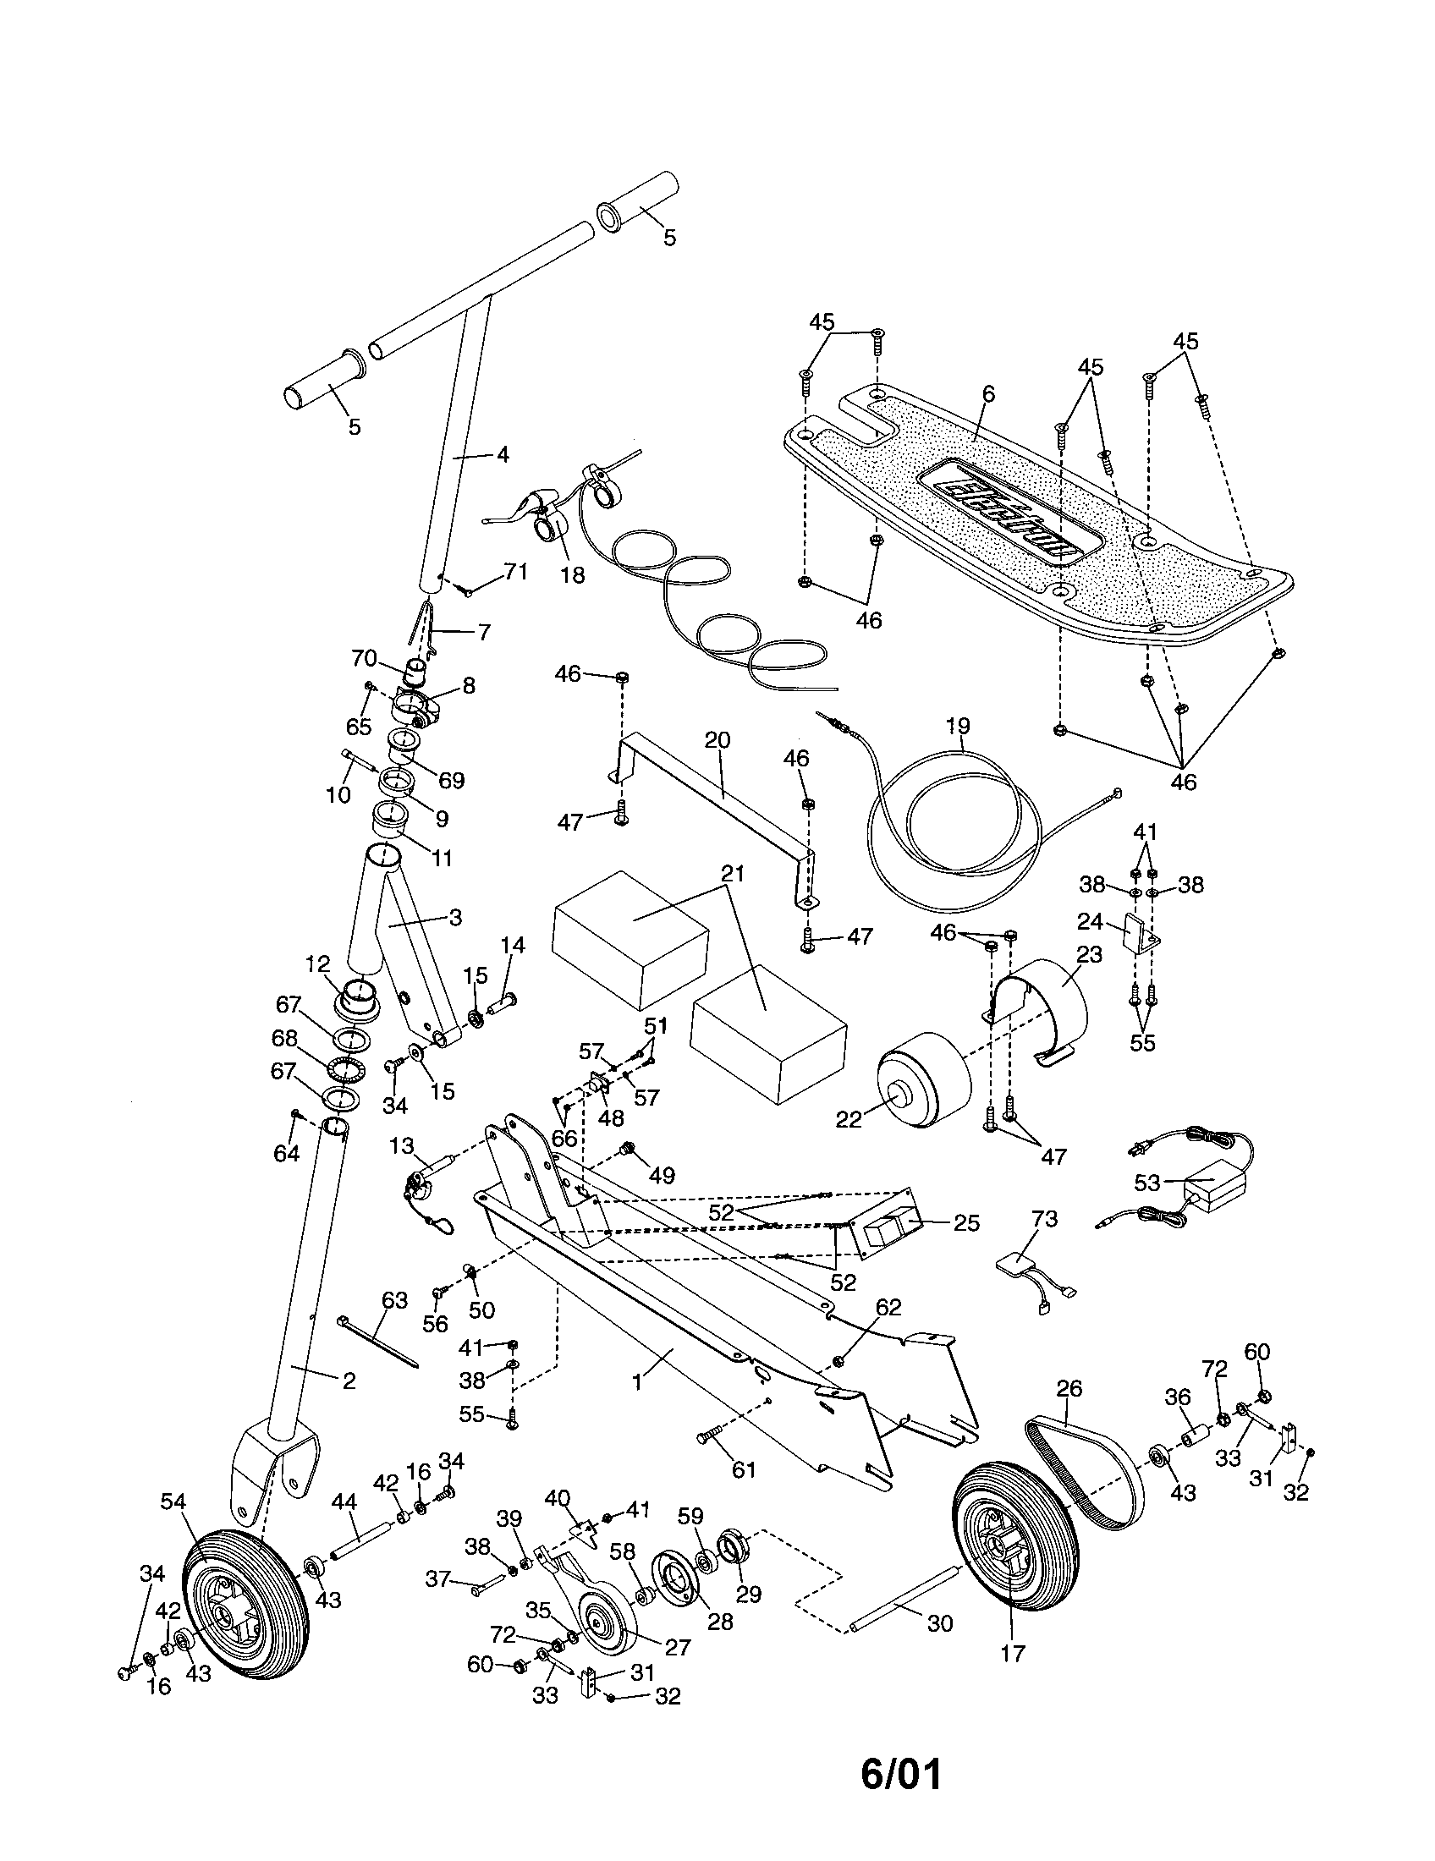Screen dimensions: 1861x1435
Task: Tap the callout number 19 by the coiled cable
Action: [x=958, y=726]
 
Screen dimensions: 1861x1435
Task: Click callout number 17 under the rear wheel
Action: [x=1013, y=1653]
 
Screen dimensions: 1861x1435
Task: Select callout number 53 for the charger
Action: [x=1147, y=1183]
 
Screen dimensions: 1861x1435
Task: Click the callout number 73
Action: [x=1044, y=1219]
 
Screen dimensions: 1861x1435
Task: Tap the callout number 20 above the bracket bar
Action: [x=717, y=739]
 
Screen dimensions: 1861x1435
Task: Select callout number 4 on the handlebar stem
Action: [x=503, y=455]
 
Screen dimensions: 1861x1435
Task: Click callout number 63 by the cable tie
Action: [x=394, y=1300]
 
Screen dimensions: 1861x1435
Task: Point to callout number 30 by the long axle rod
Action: [x=939, y=1624]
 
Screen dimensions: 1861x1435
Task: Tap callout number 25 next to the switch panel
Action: [x=967, y=1223]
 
